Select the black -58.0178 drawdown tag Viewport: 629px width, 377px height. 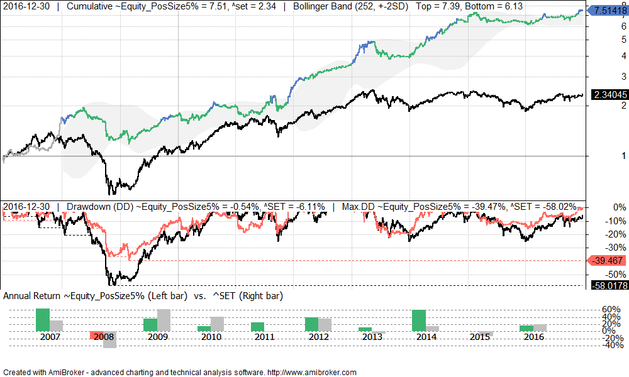click(608, 286)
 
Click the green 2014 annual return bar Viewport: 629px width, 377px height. click(419, 320)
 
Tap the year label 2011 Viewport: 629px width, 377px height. click(265, 337)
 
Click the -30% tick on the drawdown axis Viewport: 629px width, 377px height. click(613, 247)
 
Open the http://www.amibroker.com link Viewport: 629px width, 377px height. click(312, 372)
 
